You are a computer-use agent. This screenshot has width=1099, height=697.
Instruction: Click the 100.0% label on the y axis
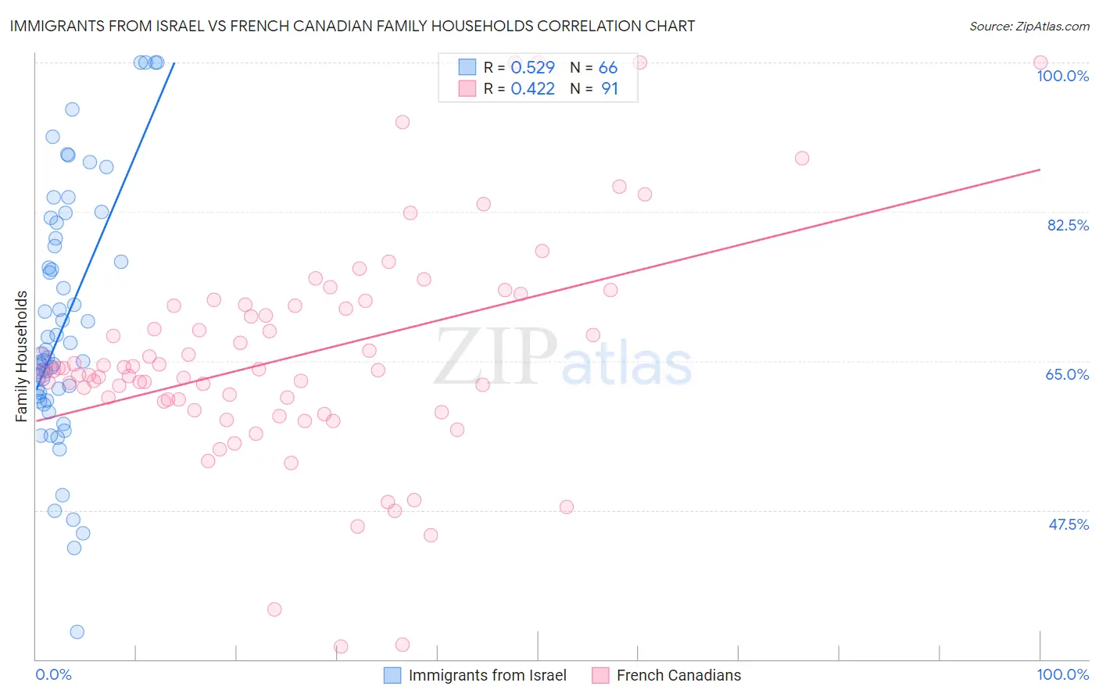1062,76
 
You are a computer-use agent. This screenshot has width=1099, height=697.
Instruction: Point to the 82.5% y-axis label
1068,225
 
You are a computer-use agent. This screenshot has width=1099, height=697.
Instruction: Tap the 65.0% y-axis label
1067,374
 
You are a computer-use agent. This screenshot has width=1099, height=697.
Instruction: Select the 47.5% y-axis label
1068,524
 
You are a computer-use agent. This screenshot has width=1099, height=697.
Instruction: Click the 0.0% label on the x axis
53,674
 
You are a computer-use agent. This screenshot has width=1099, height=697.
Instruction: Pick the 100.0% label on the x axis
1062,674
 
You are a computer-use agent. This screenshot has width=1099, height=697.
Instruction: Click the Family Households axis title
22,356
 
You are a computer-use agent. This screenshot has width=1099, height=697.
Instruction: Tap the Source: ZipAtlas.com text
1029,27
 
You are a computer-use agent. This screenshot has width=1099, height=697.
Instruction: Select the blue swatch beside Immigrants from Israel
392,675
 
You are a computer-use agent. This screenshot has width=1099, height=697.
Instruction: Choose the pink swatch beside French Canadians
600,675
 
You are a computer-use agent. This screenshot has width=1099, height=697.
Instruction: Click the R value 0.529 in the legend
532,68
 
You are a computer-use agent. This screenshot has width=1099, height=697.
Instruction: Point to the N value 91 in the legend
609,89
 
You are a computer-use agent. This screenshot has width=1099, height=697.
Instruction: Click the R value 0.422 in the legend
532,89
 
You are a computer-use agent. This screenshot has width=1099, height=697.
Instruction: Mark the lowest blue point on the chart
77,632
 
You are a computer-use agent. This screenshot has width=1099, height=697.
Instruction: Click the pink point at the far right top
1040,63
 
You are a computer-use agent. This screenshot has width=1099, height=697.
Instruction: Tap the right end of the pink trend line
1040,170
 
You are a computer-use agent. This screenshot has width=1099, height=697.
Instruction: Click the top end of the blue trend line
174,63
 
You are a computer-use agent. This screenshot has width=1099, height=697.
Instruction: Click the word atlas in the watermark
627,364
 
